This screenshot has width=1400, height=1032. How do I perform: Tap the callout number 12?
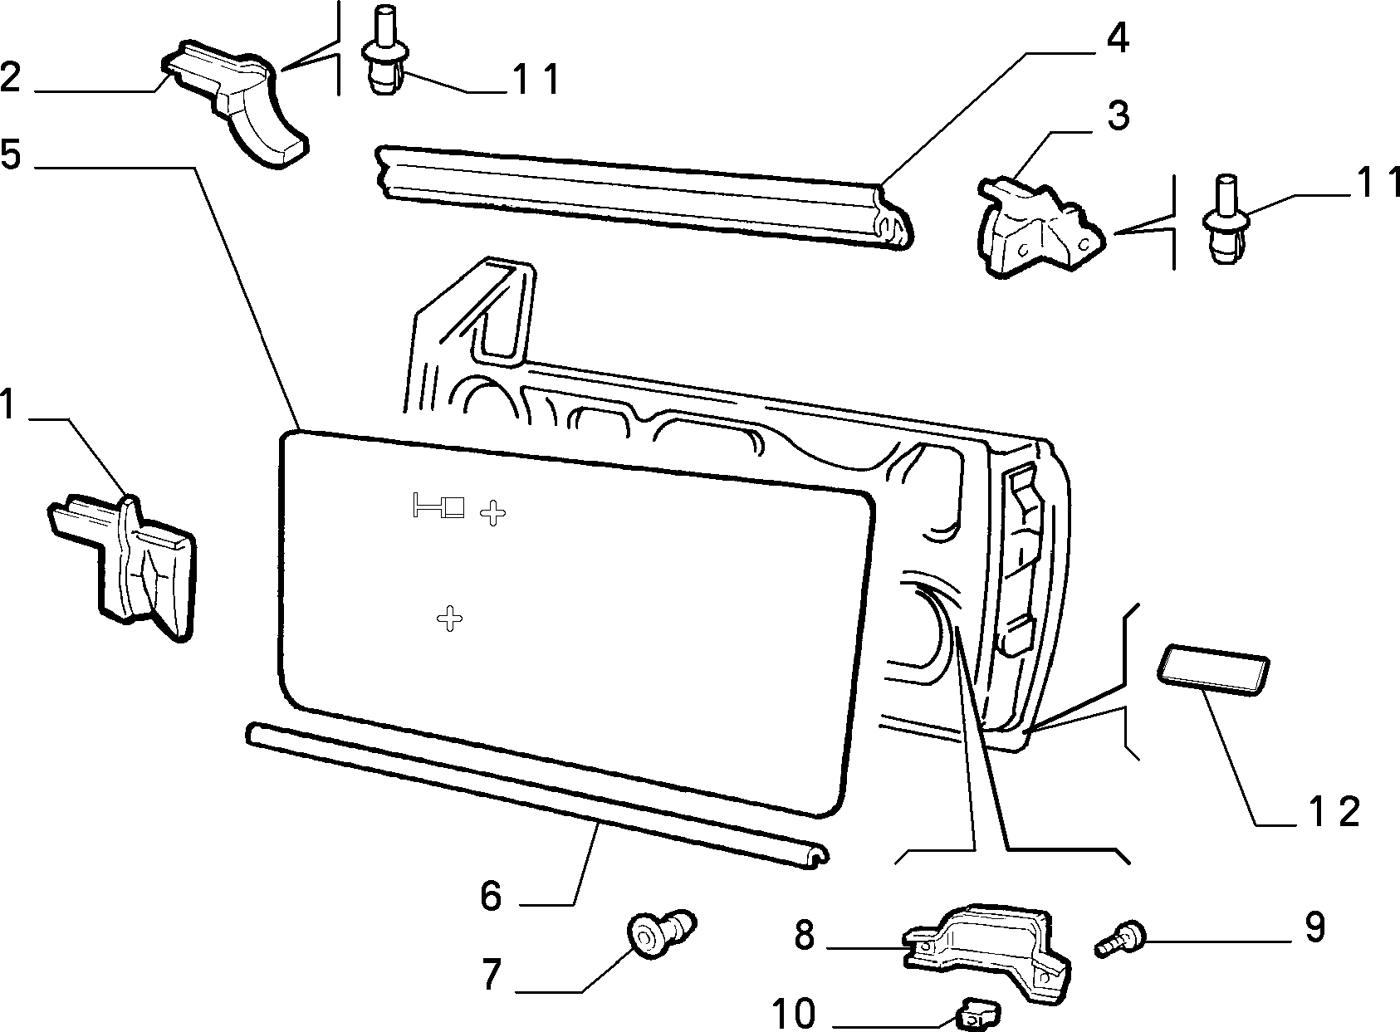1333,812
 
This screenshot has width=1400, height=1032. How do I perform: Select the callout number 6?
492,895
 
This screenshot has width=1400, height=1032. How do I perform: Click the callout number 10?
794,1012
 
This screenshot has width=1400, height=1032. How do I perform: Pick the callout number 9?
1314,927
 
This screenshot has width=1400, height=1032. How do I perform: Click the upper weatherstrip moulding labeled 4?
644,197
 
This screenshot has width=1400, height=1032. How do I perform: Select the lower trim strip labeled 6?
537,795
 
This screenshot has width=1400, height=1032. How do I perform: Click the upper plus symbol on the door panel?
493,513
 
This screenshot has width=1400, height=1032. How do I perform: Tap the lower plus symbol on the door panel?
449,619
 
